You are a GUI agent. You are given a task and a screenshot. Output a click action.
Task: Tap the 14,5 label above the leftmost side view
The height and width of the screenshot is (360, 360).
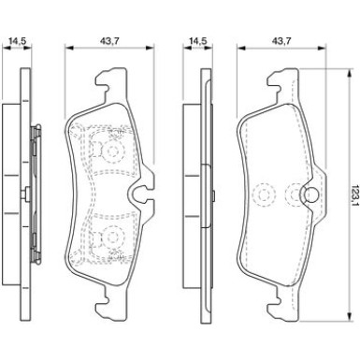(17, 40)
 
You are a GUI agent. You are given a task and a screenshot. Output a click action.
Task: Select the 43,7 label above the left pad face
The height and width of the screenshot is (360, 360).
(110, 40)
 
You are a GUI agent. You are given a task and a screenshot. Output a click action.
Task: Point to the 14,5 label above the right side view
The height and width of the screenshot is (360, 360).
(198, 40)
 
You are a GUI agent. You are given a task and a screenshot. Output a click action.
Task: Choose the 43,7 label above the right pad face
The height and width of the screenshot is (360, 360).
(281, 40)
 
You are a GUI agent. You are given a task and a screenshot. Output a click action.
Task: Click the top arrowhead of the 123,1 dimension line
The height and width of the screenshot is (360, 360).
(349, 73)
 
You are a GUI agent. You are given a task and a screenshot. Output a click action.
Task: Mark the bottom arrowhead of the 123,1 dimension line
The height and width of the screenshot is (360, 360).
(349, 315)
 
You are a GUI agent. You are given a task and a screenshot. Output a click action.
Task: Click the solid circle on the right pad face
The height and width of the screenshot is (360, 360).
(310, 195)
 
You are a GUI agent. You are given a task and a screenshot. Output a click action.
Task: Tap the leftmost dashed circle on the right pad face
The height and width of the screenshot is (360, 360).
(265, 195)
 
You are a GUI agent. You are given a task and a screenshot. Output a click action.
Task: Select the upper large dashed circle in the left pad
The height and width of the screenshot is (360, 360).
(112, 151)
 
